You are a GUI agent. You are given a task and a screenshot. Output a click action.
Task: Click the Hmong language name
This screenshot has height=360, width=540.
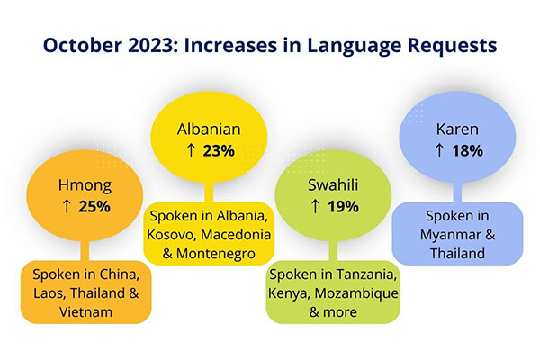click(85, 187)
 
